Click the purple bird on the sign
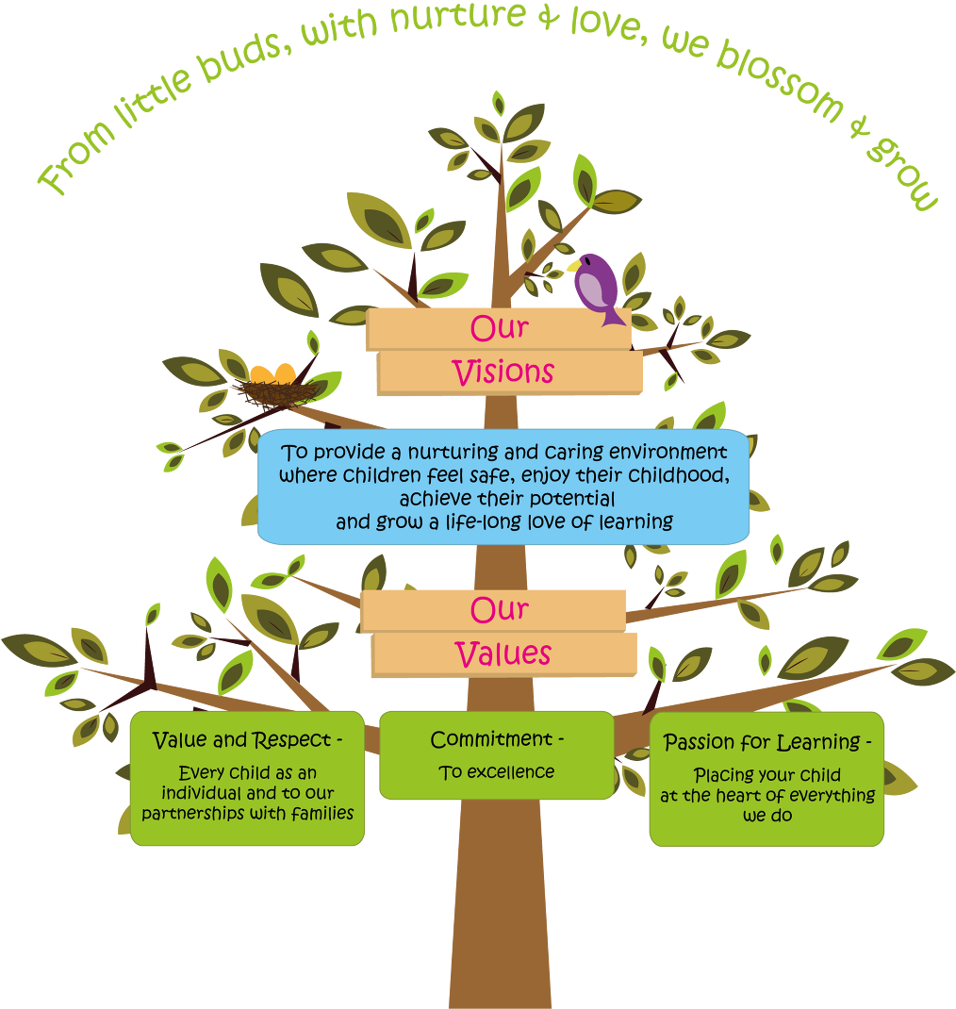click(x=598, y=287)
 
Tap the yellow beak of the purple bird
click(x=572, y=266)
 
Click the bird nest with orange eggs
click(x=274, y=386)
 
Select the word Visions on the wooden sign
click(x=503, y=372)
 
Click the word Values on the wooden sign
click(x=503, y=654)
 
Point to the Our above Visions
click(x=499, y=328)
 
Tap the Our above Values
click(x=499, y=610)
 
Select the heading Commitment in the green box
click(x=491, y=740)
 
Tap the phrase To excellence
click(x=497, y=772)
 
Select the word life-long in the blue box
click(x=507, y=521)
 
